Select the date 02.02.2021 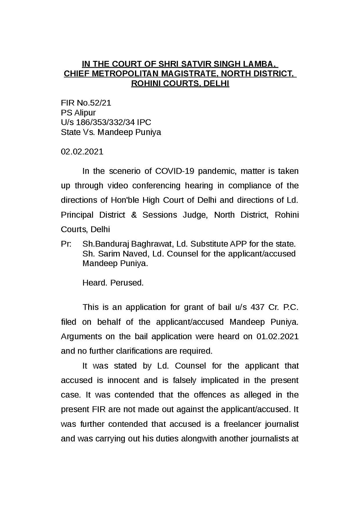82,151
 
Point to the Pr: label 66,244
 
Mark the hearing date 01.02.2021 277,336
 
